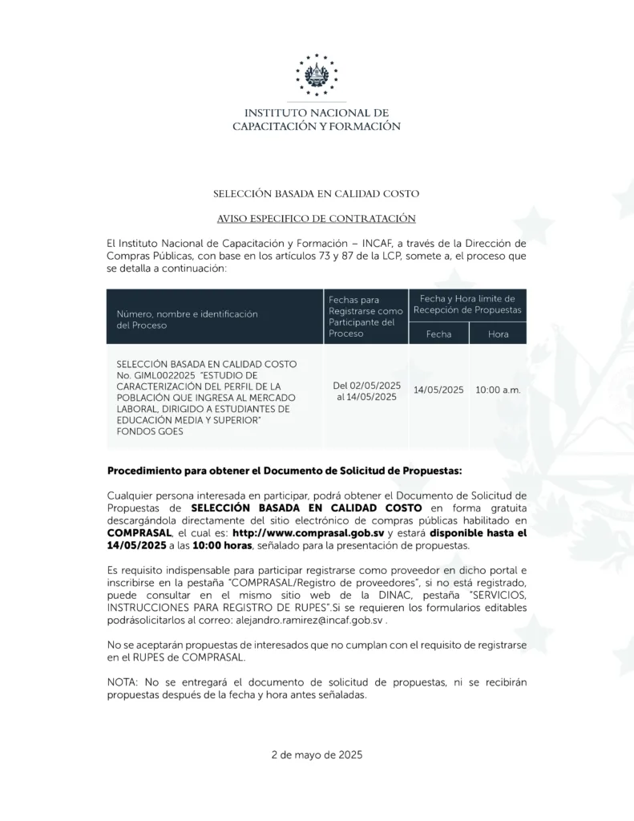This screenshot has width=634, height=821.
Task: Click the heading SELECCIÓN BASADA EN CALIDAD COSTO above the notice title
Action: point(316,194)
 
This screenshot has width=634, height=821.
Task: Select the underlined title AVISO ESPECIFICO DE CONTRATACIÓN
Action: point(316,218)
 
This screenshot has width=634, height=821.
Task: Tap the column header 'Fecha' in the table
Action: point(438,334)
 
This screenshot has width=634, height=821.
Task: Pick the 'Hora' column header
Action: point(498,334)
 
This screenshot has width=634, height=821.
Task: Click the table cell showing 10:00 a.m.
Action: point(498,390)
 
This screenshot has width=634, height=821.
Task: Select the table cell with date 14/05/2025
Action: point(438,390)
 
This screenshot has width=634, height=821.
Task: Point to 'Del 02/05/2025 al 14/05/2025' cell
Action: point(366,391)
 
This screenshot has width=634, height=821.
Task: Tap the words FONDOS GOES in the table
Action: point(150,431)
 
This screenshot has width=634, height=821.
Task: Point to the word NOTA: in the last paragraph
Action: point(122,681)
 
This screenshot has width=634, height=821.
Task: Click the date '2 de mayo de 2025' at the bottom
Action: point(317,754)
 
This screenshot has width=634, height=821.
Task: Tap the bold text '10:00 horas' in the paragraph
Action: point(220,545)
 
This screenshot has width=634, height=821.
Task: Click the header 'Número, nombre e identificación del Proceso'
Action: point(187,320)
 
